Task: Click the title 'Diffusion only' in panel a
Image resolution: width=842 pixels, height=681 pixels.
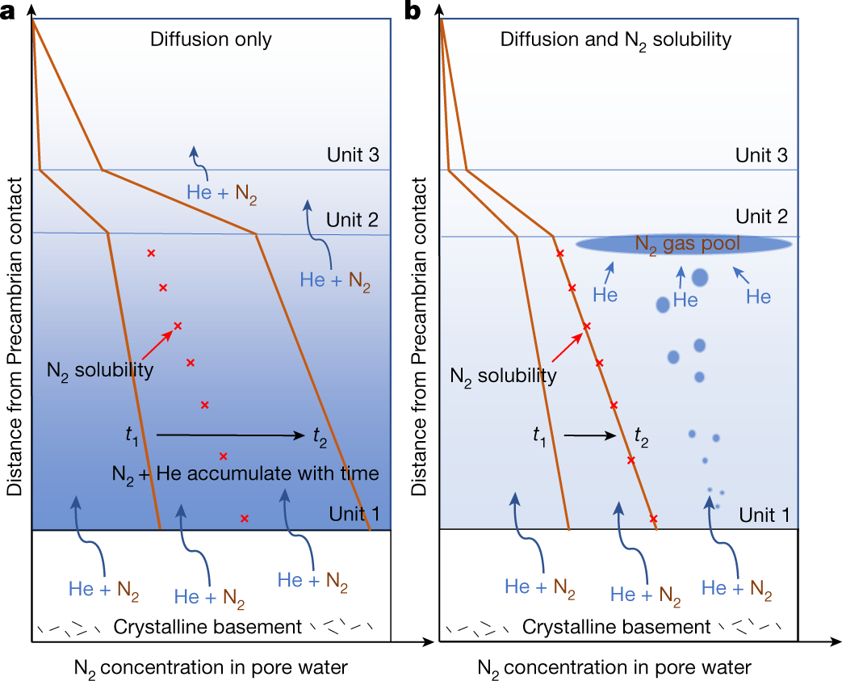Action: [211, 40]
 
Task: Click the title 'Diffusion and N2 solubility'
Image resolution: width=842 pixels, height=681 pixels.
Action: [616, 40]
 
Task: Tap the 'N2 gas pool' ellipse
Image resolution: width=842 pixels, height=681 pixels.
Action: [684, 244]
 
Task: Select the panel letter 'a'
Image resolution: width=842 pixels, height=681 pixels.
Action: [7, 11]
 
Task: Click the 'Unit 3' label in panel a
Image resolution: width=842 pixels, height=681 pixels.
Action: [353, 155]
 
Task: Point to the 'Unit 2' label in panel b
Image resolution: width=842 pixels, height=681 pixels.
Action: [761, 216]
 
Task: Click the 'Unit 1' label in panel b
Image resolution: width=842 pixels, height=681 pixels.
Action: [765, 515]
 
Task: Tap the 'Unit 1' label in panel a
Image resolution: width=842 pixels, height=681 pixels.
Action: [354, 514]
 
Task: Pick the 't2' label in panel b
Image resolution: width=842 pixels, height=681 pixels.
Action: [641, 436]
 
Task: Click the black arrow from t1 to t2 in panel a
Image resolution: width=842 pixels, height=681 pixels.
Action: [230, 435]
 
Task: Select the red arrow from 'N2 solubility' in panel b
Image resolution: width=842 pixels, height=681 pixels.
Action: [567, 347]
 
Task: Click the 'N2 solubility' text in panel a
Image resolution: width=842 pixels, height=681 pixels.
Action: [100, 370]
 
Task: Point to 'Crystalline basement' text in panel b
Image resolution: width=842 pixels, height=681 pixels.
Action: [616, 627]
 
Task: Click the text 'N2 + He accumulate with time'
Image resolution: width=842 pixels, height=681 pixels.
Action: [245, 474]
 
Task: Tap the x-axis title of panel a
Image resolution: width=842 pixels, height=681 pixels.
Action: [211, 668]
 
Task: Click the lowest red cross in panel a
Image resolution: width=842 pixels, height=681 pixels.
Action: [245, 519]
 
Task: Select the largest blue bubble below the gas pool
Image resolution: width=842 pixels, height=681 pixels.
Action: [700, 278]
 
